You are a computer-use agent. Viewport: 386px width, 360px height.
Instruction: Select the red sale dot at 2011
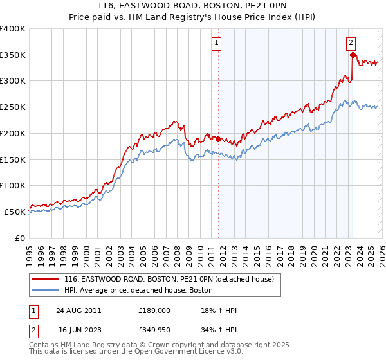[x=218, y=139]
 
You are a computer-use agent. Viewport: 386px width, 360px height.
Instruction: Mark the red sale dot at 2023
[x=353, y=55]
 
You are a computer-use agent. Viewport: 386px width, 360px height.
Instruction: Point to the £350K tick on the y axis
[x=13, y=55]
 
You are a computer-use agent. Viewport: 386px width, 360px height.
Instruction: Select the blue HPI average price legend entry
[x=142, y=290]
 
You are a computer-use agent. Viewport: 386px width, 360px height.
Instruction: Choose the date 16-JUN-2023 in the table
[x=78, y=331]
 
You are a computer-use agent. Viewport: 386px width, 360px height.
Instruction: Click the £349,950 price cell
[x=154, y=331]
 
